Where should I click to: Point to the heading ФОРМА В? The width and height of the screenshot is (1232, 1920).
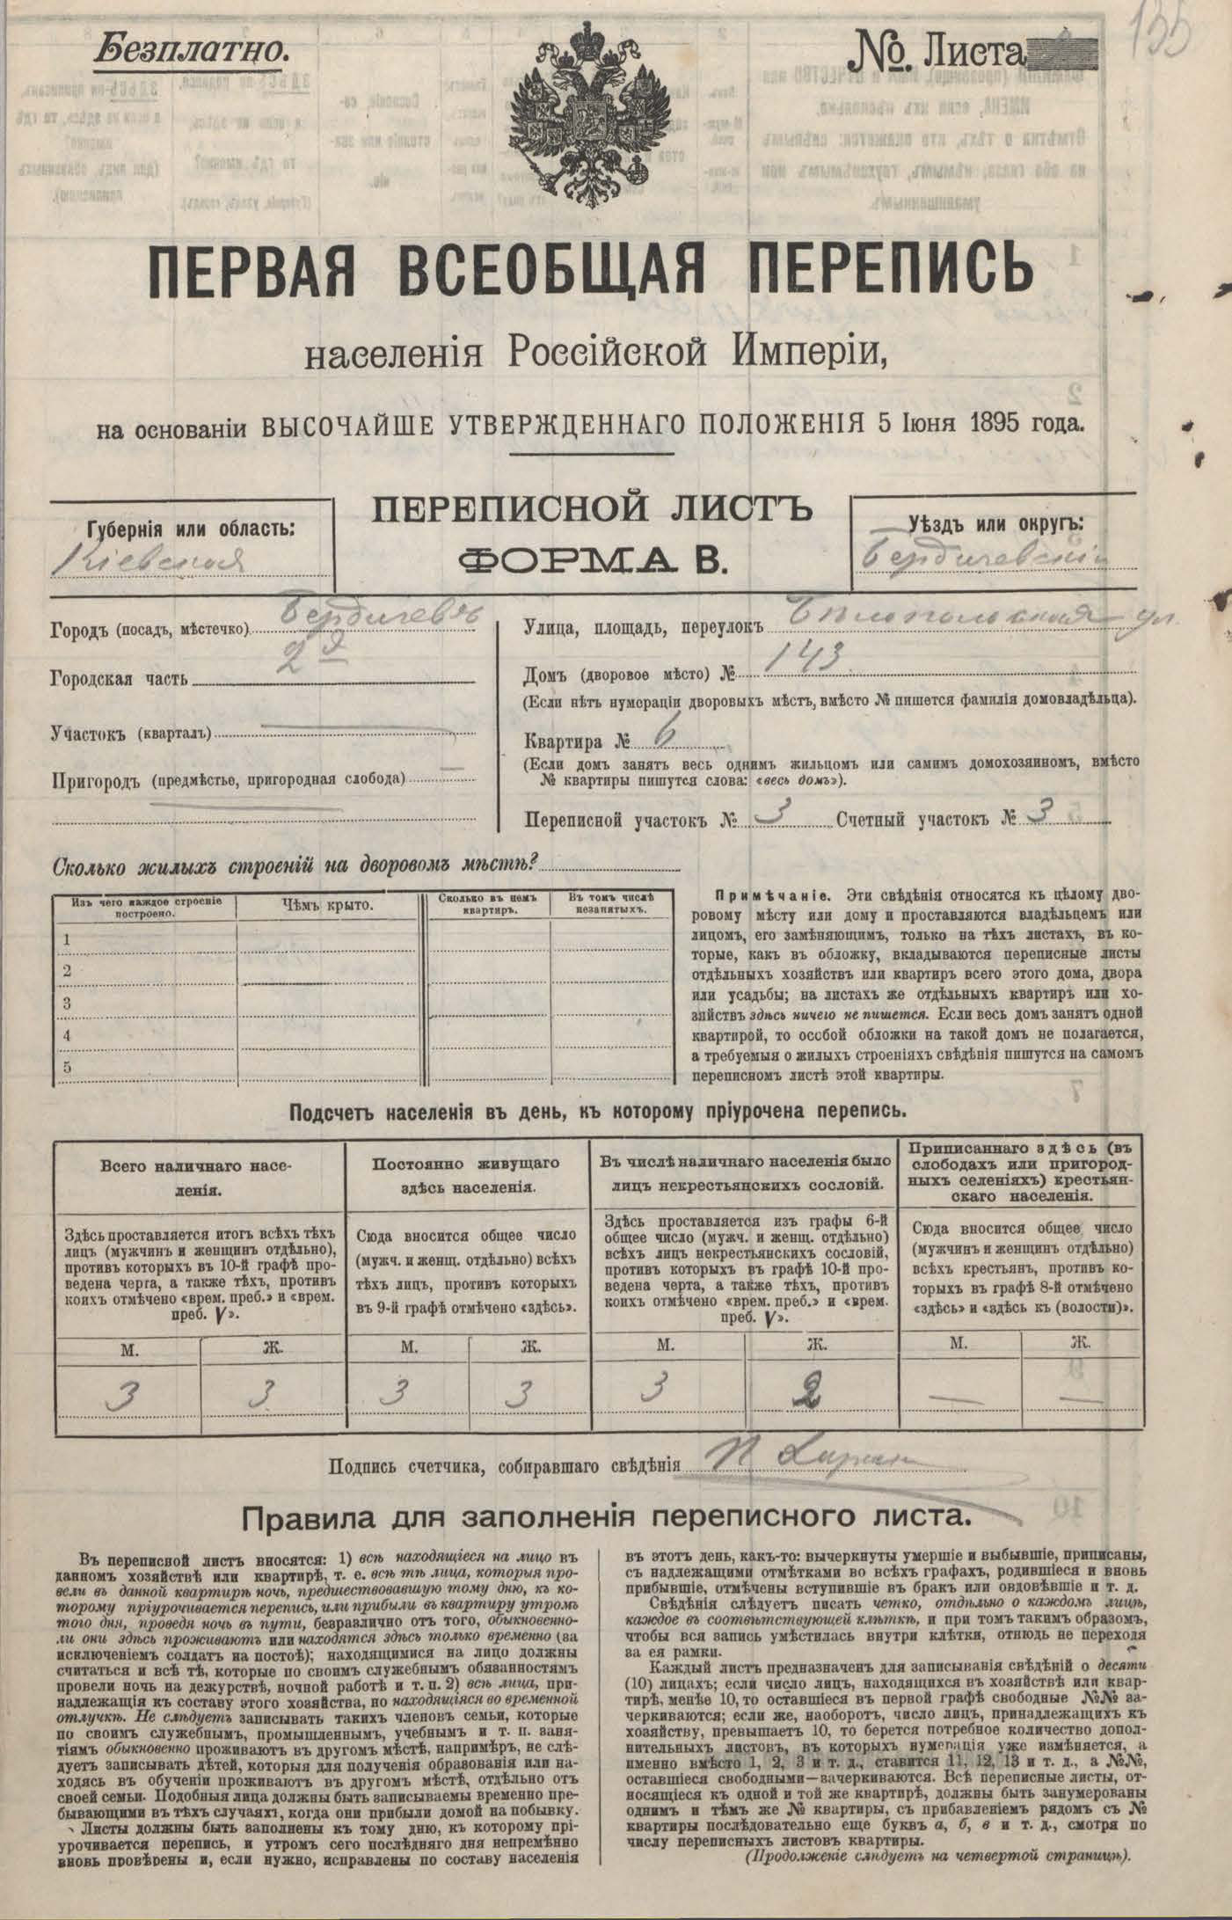(x=591, y=560)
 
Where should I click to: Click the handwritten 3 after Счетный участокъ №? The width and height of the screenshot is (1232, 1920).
(x=1037, y=814)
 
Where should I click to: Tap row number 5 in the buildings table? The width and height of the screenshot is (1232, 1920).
(x=66, y=1068)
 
